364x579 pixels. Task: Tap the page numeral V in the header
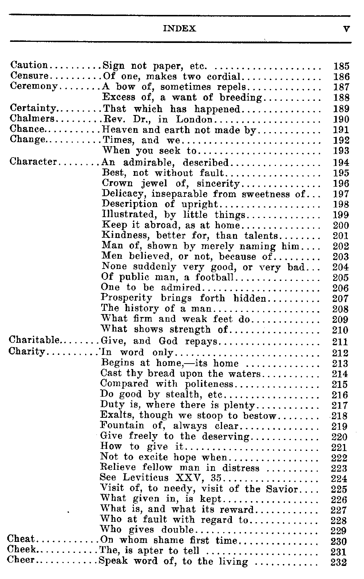click(346, 29)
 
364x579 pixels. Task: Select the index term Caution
click(29, 66)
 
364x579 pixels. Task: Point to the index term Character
click(33, 162)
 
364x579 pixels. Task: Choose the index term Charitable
click(34, 341)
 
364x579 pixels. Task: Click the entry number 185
click(341, 66)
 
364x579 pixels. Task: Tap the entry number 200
click(341, 226)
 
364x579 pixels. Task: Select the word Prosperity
click(126, 298)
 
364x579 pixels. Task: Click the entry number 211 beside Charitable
click(340, 342)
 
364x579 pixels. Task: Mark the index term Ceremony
click(33, 87)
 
